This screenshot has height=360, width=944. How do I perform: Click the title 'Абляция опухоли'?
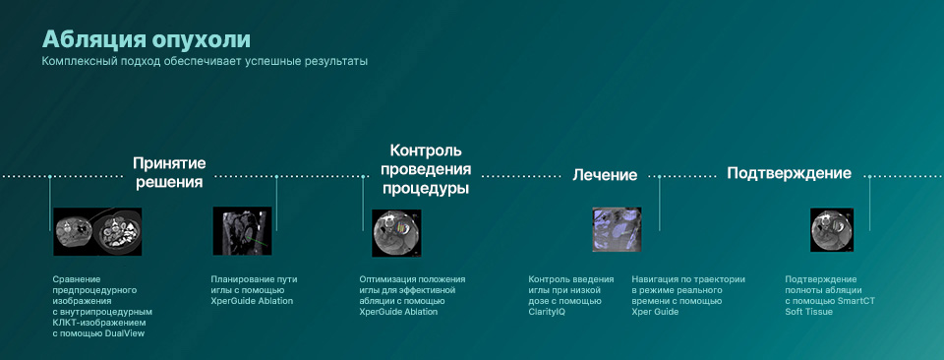click(x=146, y=39)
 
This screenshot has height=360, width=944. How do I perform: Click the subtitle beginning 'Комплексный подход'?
click(x=204, y=62)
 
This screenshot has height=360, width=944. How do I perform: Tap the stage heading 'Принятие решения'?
click(x=169, y=172)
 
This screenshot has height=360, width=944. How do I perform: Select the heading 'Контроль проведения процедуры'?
click(x=425, y=169)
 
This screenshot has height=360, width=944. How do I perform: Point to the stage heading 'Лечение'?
click(x=605, y=175)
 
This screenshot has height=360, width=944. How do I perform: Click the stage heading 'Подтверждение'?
click(x=789, y=173)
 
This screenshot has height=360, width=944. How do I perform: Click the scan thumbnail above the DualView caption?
click(x=85, y=231)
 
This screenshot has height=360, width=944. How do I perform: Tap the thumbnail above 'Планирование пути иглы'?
click(x=242, y=231)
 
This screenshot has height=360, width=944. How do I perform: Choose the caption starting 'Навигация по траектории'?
click(x=688, y=290)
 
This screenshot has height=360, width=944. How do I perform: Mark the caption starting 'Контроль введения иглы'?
click(x=571, y=290)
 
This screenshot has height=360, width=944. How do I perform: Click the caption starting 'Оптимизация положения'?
click(x=412, y=295)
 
